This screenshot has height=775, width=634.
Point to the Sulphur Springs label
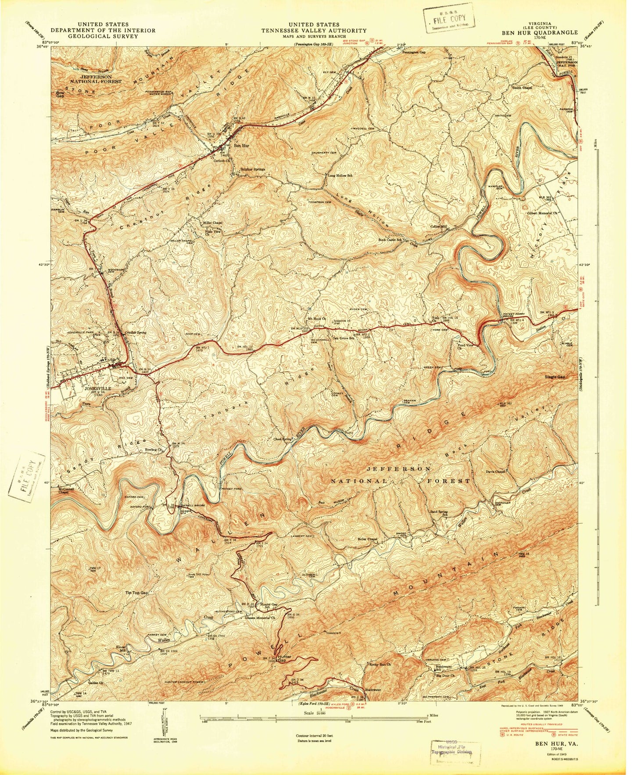coord(254,168)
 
